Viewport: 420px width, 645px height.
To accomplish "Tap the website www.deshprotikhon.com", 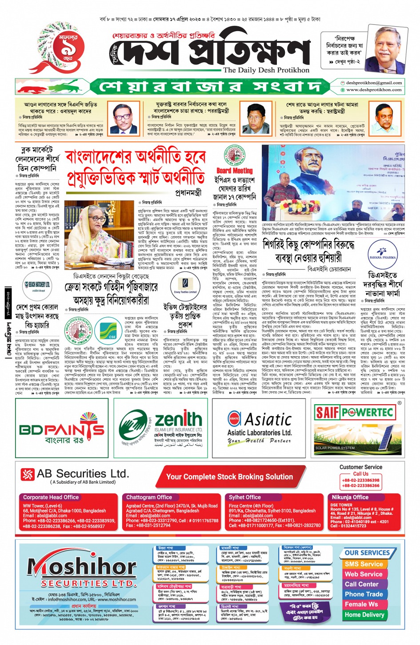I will [374, 90].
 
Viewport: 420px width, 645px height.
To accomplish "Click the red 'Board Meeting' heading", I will [234, 171].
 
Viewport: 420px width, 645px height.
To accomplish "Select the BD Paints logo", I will [62, 429].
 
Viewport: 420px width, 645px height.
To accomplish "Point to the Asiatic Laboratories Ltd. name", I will [260, 432].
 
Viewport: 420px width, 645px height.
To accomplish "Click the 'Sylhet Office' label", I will [245, 497].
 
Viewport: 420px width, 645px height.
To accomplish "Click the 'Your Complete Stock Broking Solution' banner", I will [229, 477].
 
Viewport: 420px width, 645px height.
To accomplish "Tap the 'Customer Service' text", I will [360, 467].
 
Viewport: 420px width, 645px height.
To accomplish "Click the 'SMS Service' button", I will [364, 564].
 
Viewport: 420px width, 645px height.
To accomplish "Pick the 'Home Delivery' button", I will [364, 615].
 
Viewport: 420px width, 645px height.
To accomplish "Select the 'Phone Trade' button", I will [364, 594].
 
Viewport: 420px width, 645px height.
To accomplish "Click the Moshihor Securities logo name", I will [82, 567].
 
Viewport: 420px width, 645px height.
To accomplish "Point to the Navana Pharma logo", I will [382, 252].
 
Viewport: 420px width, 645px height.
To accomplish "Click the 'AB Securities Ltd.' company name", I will [83, 474].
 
